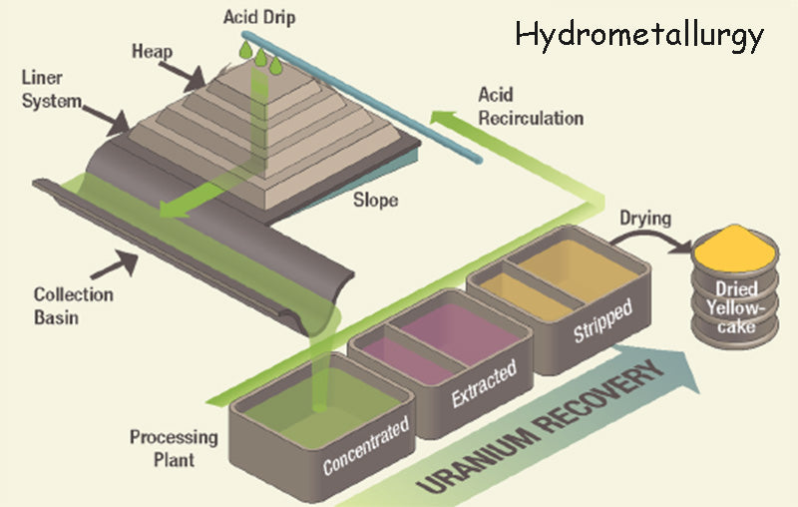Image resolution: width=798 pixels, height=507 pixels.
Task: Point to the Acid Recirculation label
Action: (530, 107)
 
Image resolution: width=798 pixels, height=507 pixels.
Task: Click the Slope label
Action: (375, 200)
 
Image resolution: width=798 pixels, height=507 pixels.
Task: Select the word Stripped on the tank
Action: (601, 320)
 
